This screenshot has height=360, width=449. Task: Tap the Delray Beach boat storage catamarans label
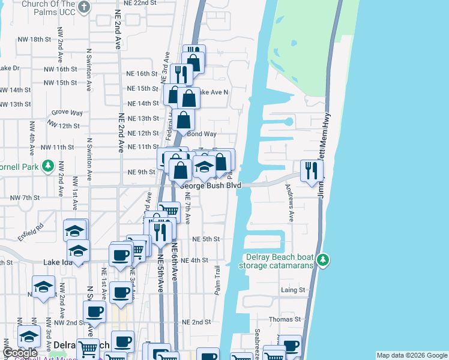279,261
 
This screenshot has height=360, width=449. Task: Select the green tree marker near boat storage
324,259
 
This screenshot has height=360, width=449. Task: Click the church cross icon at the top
84,7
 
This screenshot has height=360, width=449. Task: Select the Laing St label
294,290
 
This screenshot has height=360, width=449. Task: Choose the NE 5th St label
206,239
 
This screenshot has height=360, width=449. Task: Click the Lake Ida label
58,262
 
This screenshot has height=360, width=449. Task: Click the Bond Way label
202,134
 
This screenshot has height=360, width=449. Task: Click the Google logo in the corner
20,353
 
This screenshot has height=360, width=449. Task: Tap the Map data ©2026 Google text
411,355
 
